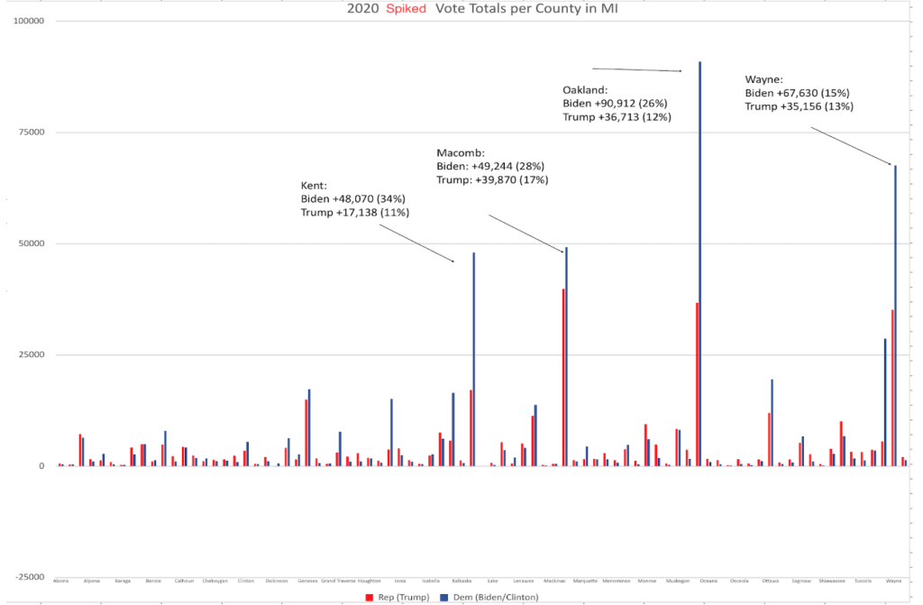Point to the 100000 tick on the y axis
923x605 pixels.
click(x=31, y=21)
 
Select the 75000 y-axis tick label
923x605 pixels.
click(x=33, y=133)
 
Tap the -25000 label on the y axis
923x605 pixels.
click(x=32, y=577)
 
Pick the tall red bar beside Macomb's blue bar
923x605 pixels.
click(x=563, y=379)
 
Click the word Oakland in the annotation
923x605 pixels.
click(x=585, y=90)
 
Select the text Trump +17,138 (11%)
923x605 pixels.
click(x=355, y=213)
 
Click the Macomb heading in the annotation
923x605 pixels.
click(x=461, y=151)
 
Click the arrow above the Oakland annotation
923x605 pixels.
click(x=636, y=69)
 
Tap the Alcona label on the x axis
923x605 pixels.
click(x=60, y=581)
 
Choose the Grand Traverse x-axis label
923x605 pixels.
click(x=339, y=581)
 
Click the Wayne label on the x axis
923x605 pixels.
click(x=893, y=581)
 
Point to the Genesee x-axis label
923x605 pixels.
click(x=307, y=581)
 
